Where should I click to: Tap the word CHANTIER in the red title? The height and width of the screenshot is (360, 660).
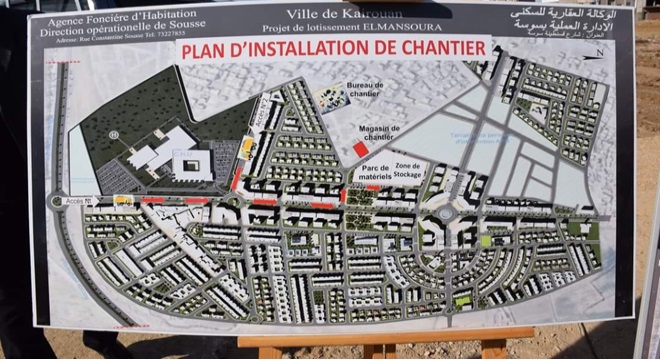[x=440, y=47]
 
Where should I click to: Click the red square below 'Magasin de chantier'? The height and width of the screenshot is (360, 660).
[x=360, y=149]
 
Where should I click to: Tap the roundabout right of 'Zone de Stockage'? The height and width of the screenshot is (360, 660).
[x=444, y=213]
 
